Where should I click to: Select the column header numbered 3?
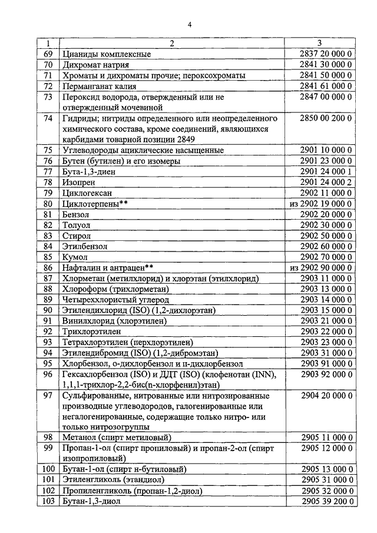(319, 43)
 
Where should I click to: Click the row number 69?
(49, 54)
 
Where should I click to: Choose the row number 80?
(49, 203)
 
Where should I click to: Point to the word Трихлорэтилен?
(91, 332)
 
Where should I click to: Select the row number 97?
(49, 395)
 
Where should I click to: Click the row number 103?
(49, 501)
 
